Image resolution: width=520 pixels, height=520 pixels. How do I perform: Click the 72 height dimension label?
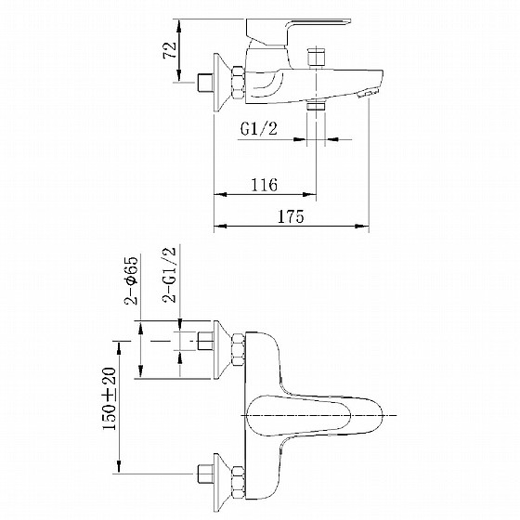click(x=170, y=50)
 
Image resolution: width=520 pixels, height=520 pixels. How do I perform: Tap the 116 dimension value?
click(x=264, y=185)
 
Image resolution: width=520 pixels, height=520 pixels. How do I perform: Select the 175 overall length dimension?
click(x=291, y=216)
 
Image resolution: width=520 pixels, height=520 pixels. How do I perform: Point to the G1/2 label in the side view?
click(x=259, y=129)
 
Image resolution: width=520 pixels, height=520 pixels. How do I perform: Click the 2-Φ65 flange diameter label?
click(x=131, y=280)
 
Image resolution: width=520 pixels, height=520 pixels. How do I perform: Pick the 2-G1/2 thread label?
click(x=169, y=275)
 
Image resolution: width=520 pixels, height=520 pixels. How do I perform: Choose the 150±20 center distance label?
click(x=110, y=399)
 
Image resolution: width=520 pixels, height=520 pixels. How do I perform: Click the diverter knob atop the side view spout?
click(x=316, y=58)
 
